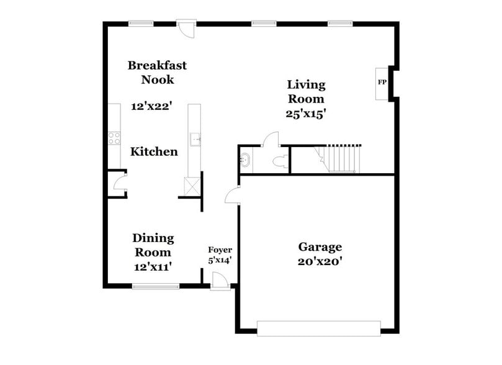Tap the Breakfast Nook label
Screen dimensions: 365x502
(157, 72)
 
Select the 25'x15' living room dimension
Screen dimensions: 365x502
(305, 114)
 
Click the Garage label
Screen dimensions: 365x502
(319, 246)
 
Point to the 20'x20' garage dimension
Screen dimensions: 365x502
(319, 261)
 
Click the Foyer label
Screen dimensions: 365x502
(220, 250)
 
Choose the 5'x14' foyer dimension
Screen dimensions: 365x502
(220, 261)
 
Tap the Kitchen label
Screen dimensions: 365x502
(154, 151)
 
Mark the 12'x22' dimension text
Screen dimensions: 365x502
(151, 106)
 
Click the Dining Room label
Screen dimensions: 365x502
(153, 245)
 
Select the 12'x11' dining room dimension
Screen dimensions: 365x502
(152, 266)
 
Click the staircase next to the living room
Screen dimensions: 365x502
(339, 158)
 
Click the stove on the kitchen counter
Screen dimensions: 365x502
(114, 138)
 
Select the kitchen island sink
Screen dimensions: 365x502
(195, 139)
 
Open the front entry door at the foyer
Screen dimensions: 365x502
(218, 283)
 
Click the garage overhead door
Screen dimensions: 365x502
(318, 328)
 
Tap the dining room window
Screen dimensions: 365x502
(156, 286)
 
